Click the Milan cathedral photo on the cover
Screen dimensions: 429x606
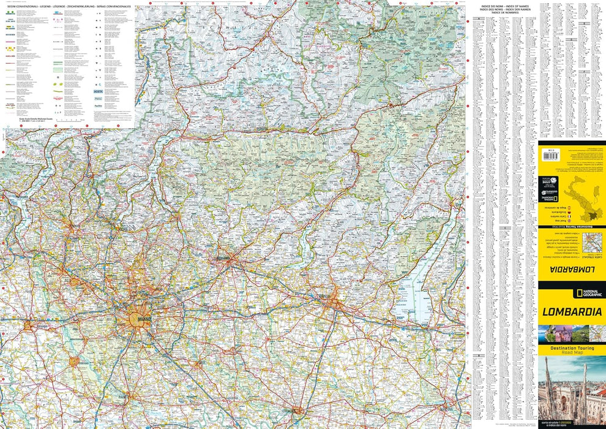(x=571, y=392)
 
